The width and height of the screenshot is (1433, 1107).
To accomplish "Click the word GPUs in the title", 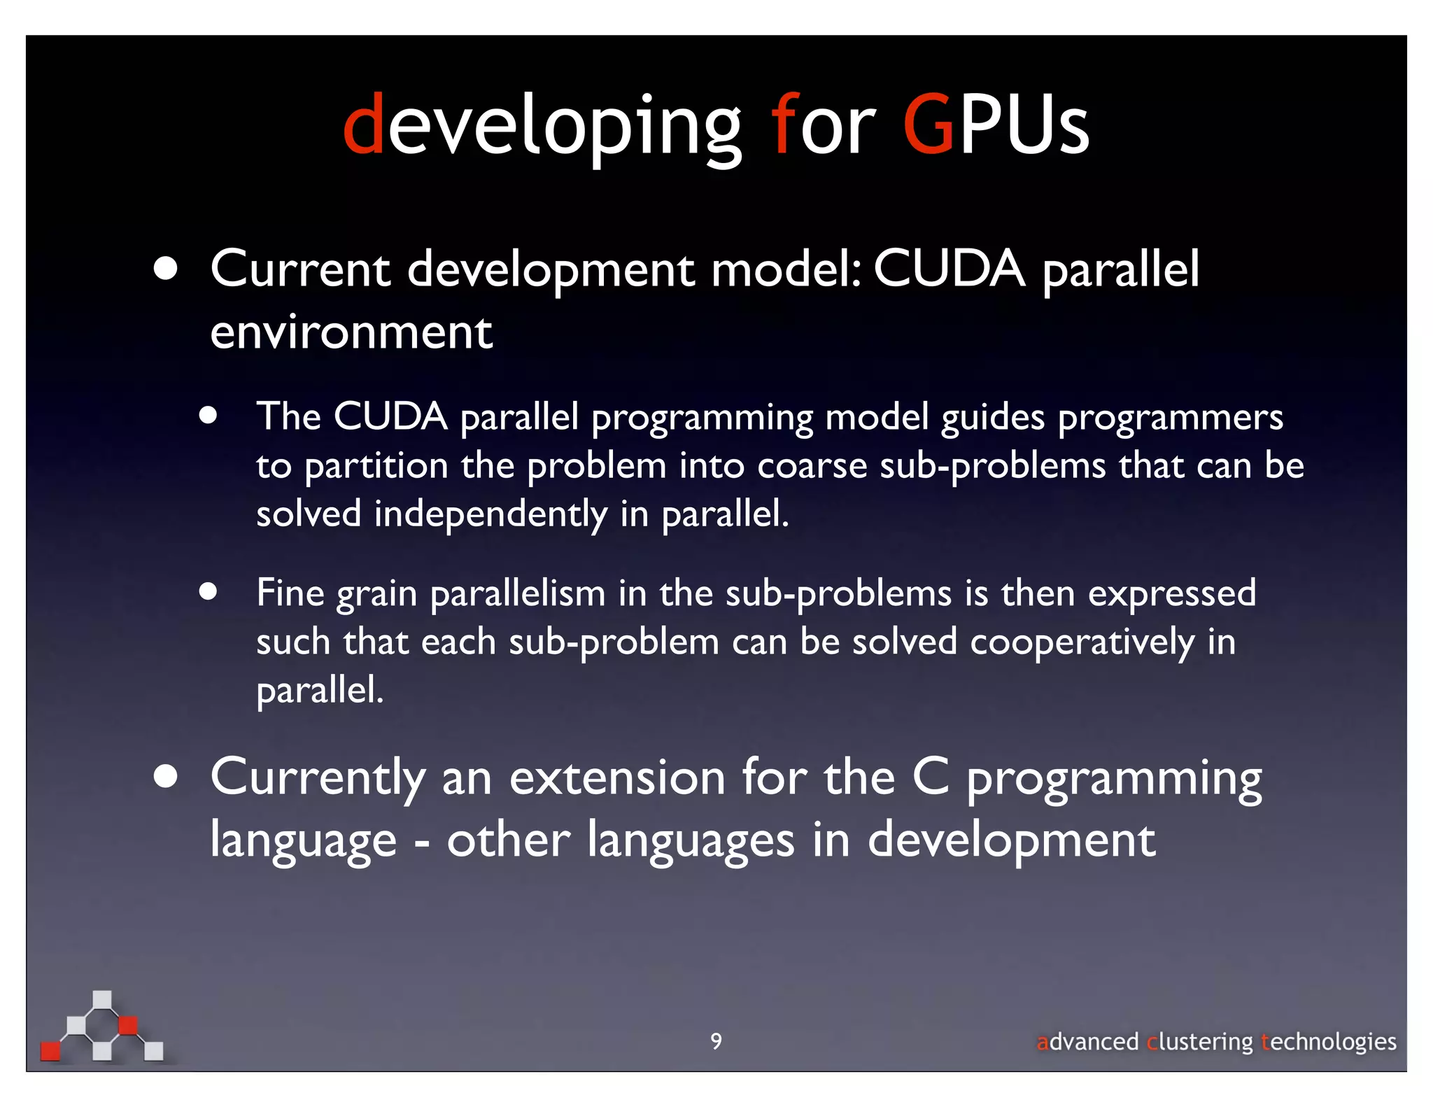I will [996, 126].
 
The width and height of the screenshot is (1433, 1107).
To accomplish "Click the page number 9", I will [716, 1041].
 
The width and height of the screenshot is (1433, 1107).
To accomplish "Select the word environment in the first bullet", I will [351, 332].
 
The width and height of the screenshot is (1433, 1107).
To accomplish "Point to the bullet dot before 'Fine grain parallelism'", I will [208, 592].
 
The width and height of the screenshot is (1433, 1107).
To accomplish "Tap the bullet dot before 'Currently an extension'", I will [166, 777].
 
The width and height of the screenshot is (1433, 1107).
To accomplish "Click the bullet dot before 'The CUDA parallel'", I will [208, 416].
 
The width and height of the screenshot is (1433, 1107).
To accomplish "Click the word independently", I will [490, 514].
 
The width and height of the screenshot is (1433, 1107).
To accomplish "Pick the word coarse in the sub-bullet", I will [812, 466].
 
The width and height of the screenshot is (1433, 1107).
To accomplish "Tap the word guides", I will [993, 418].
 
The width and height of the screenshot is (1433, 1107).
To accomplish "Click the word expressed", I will [1171, 594].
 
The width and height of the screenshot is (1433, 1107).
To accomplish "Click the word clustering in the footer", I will [1199, 1042].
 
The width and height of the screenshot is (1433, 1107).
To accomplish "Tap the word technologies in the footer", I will [1328, 1042].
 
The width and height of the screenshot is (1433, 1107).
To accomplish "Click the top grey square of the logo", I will [102, 999].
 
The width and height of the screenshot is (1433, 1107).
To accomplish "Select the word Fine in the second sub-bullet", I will [290, 593].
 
